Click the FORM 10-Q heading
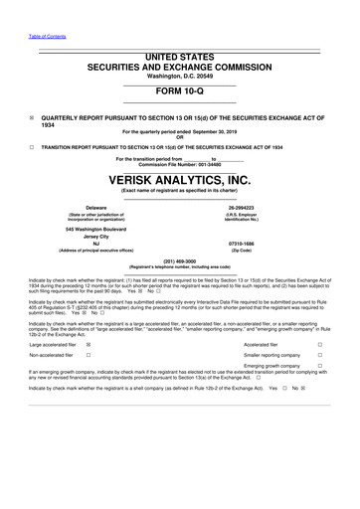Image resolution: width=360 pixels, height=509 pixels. click(x=179, y=88)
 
